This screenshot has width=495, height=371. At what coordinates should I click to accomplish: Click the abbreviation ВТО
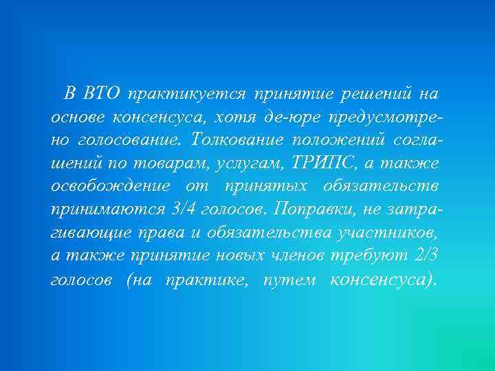101,92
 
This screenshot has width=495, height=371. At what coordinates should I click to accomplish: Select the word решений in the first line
378,92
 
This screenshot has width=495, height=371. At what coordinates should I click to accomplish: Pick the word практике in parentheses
208,280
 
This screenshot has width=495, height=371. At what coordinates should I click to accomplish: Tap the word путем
287,280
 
